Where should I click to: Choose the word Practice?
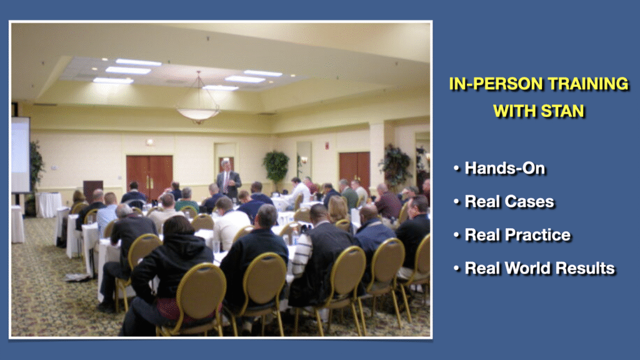pos(539,235)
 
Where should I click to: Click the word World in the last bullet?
pos(529,268)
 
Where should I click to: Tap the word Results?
pos(586,268)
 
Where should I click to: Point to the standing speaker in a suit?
pos(227,180)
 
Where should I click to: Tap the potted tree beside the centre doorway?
pos(276,166)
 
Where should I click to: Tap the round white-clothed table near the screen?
pos(49,204)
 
